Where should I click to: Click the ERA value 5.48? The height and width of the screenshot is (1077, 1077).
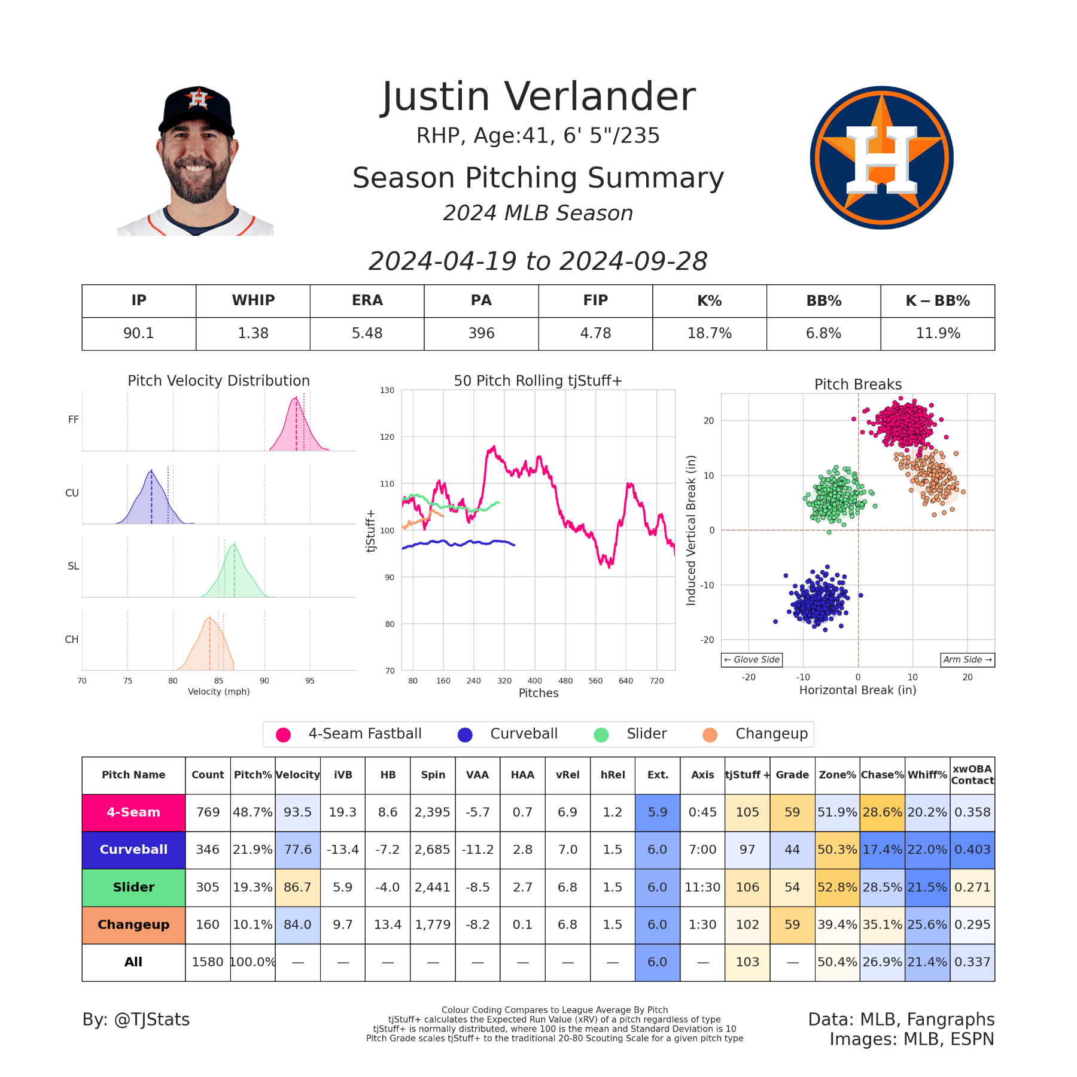tap(367, 333)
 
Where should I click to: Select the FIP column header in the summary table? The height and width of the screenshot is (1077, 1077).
tap(595, 300)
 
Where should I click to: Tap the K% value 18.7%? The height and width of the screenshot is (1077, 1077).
tap(709, 333)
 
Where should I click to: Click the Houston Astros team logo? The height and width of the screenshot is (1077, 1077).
tap(881, 158)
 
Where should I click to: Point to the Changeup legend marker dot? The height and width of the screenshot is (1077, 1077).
tap(710, 735)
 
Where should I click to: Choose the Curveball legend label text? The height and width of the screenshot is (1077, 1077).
tap(524, 734)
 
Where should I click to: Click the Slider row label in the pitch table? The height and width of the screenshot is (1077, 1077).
tap(133, 887)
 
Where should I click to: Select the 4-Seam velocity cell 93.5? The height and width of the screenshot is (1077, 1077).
tap(297, 812)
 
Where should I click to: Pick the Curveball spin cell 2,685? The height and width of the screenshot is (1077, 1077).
tap(433, 850)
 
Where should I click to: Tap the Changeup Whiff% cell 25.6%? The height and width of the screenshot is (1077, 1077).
tap(927, 924)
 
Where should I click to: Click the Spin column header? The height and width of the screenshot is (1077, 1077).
tap(433, 775)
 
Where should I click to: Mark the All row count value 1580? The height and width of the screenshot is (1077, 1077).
tap(207, 962)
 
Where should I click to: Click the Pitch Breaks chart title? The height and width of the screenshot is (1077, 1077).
tap(857, 384)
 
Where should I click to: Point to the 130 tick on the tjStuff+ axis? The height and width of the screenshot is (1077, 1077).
tap(387, 391)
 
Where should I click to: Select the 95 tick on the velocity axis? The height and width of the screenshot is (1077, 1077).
tap(309, 681)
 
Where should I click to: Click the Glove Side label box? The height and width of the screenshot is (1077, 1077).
tap(752, 659)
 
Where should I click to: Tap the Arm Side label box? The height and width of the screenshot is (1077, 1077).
tap(967, 659)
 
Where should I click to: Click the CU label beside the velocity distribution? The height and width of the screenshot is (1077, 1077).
tap(72, 493)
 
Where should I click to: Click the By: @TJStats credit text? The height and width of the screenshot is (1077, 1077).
tap(136, 1020)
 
